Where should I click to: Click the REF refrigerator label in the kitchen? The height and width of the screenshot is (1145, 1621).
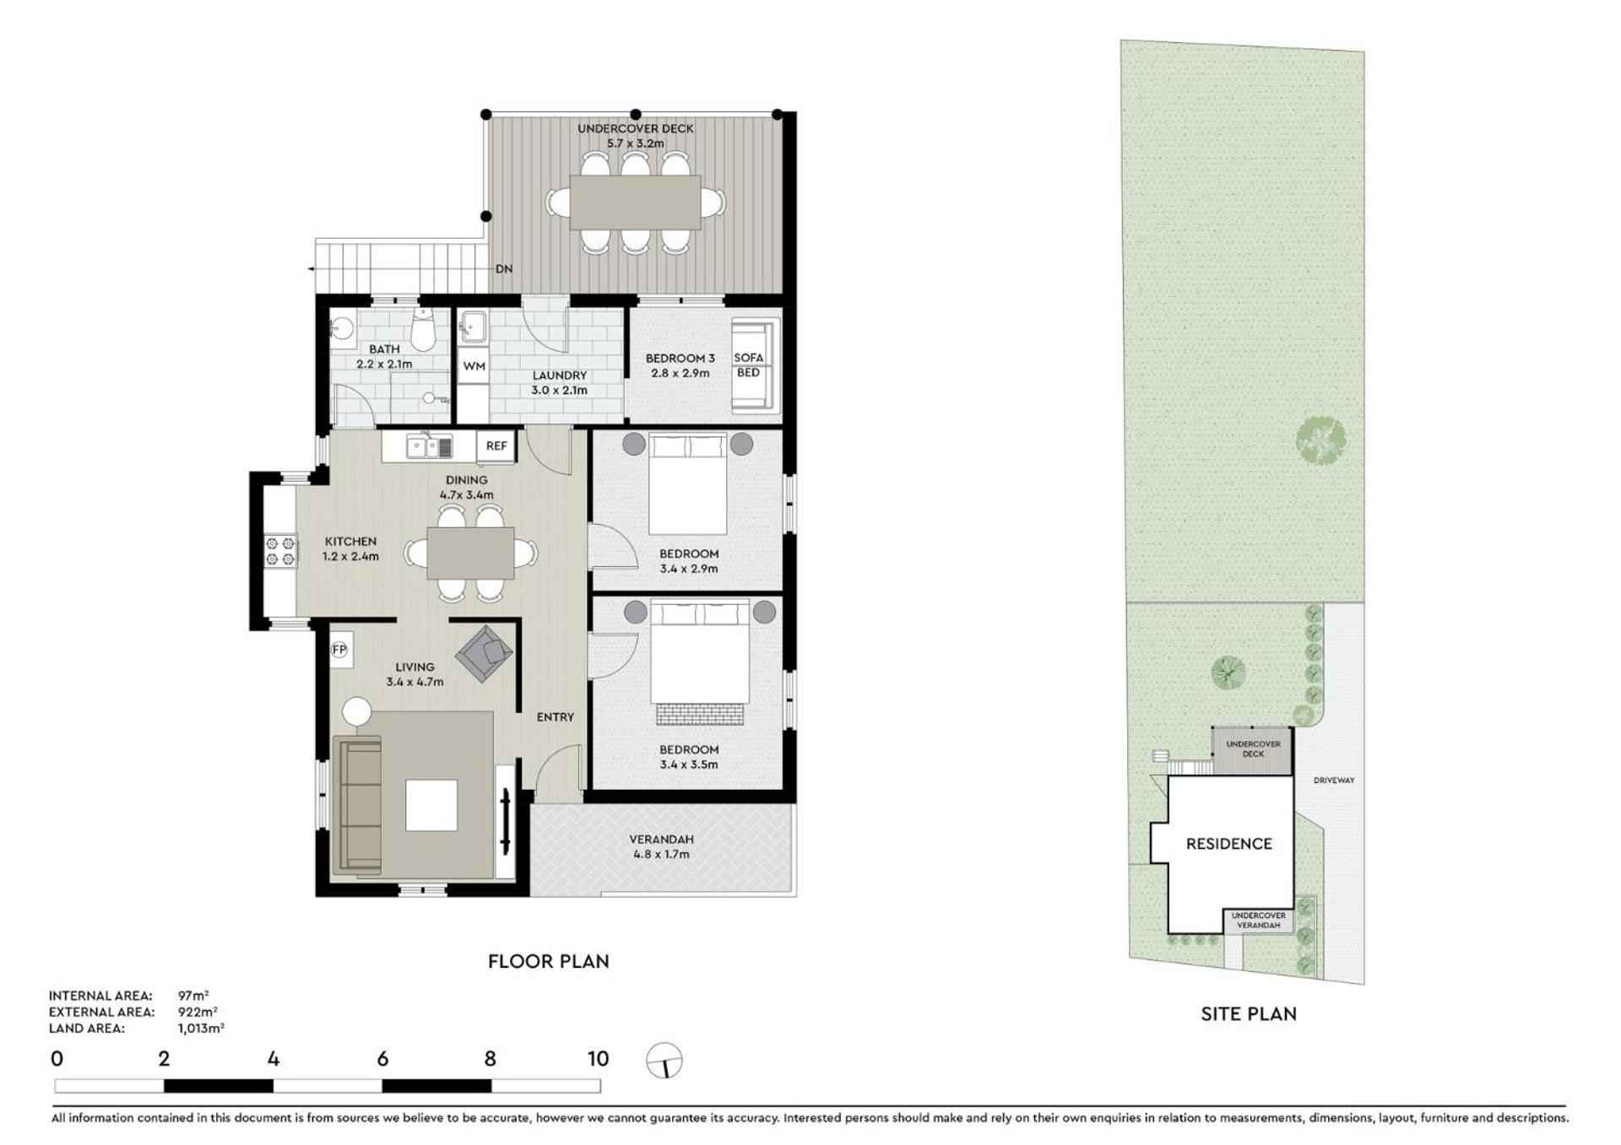point(496,446)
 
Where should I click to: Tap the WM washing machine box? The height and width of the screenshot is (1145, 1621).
point(474,366)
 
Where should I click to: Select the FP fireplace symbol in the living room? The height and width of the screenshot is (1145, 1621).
point(339,650)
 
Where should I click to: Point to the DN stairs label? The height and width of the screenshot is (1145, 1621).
point(504,269)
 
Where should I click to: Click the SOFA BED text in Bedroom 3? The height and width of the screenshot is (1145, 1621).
point(748,365)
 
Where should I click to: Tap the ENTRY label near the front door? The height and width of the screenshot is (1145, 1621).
point(556,717)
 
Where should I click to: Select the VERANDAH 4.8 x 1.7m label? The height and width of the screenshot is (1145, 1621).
point(662,847)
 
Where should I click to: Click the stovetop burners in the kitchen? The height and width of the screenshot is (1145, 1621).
point(280,551)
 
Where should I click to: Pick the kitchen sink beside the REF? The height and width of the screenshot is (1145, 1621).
point(430,446)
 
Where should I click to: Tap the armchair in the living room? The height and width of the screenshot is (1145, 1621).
point(485,653)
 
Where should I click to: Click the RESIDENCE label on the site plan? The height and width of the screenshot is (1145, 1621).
point(1228,844)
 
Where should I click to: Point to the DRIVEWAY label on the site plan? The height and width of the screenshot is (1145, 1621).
point(1334,780)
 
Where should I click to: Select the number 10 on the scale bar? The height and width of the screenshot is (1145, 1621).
point(598,1059)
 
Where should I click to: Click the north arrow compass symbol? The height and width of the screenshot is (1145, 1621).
point(664,1061)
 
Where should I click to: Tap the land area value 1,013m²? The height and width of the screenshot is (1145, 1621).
point(201,1029)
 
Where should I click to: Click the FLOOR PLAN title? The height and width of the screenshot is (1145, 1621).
point(549,961)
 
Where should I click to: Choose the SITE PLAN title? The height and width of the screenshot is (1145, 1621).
point(1249,1014)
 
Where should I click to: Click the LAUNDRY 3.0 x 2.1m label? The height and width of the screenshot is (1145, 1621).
point(559,383)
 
